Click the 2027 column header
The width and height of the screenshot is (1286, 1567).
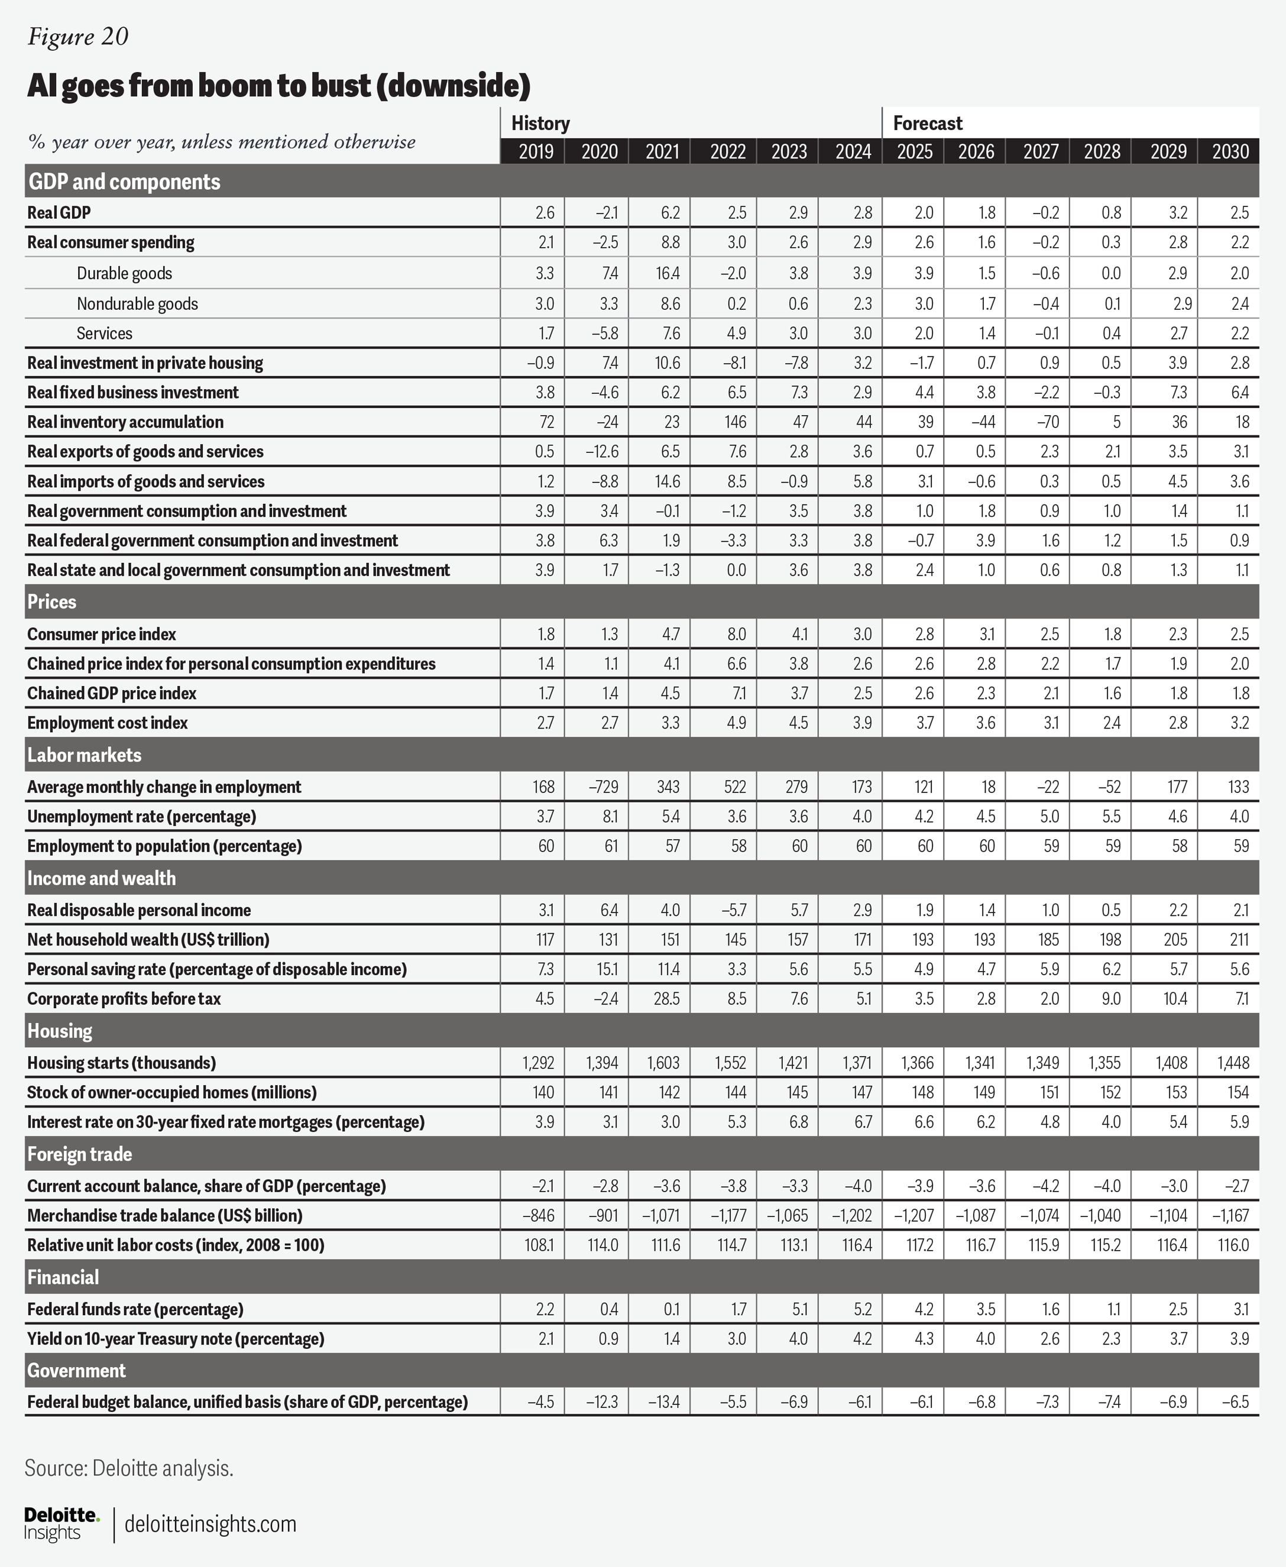pos(1040,152)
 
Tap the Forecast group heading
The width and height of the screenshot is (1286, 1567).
pos(928,123)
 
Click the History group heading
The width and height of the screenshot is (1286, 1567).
pos(540,123)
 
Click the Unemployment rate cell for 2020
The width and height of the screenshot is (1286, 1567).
pos(606,817)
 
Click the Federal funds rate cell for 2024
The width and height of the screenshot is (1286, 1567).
pos(862,1309)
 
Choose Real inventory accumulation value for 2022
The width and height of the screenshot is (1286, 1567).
pos(736,422)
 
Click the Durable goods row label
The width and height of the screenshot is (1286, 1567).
pos(124,273)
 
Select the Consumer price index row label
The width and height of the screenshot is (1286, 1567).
pos(102,634)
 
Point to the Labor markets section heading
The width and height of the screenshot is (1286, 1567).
pos(85,755)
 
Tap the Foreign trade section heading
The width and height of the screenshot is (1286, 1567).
pos(79,1154)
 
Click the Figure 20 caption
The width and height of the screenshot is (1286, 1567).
pos(78,36)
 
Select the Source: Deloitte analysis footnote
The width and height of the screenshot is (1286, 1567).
pos(129,1468)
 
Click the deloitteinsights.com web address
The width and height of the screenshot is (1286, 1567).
pos(210,1523)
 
